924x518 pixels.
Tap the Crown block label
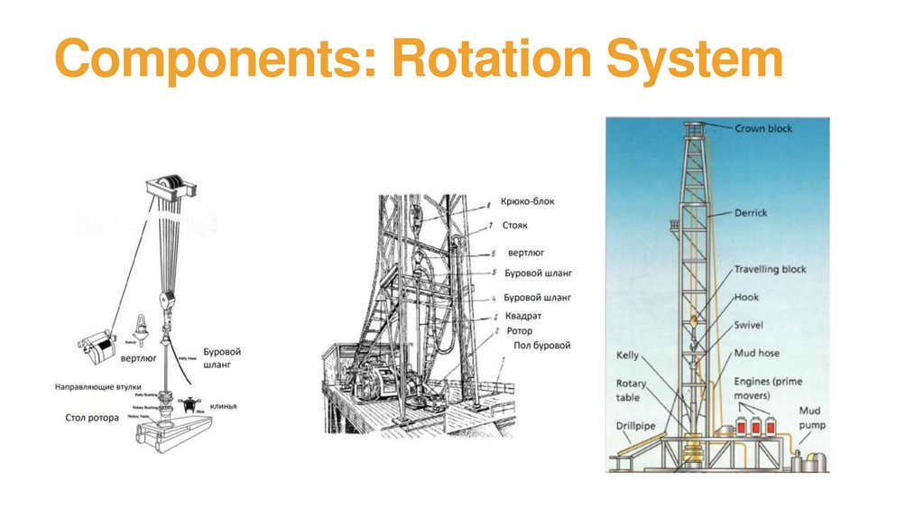pyautogui.click(x=763, y=129)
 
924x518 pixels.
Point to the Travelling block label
pyautogui.click(x=770, y=270)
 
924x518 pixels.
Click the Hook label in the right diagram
pyautogui.click(x=746, y=297)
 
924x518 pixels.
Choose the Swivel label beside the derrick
pyautogui.click(x=750, y=324)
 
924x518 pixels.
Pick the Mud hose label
pyautogui.click(x=757, y=353)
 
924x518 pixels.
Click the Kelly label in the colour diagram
pyautogui.click(x=627, y=356)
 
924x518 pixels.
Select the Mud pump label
pyautogui.click(x=812, y=417)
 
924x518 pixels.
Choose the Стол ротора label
pyautogui.click(x=92, y=418)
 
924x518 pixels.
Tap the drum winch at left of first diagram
pyautogui.click(x=99, y=345)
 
